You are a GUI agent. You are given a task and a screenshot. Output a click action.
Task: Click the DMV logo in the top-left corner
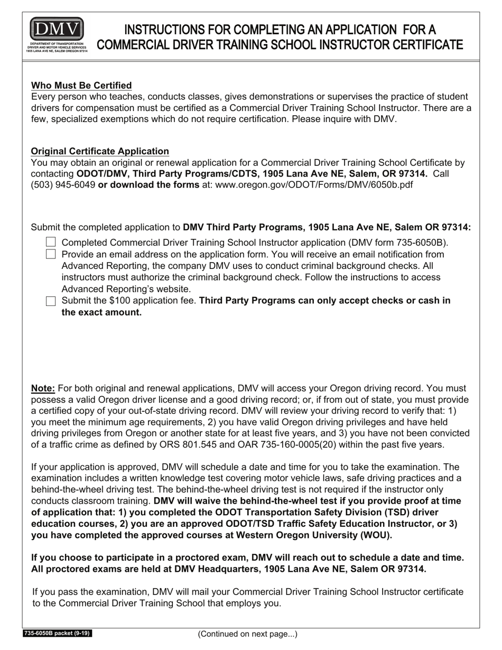57,35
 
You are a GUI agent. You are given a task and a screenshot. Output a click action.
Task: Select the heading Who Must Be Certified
81,86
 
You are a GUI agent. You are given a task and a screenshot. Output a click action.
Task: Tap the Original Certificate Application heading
100,152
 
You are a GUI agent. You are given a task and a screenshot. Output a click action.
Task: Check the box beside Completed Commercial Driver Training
51,242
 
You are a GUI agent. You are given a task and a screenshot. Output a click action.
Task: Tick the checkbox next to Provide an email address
51,254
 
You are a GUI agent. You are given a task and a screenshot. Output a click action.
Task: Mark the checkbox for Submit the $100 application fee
51,301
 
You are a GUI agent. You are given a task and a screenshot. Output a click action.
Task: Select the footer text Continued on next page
247,634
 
